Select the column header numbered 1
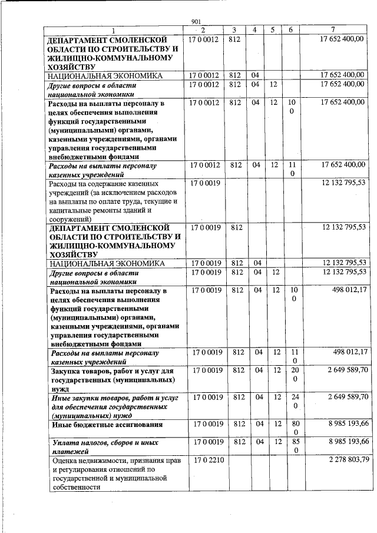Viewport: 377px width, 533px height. click(114, 30)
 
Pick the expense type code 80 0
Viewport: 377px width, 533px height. click(294, 428)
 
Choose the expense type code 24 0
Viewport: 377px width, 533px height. click(294, 401)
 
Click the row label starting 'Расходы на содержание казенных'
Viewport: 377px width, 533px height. click(112, 201)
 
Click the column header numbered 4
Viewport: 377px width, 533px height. click(254, 29)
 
